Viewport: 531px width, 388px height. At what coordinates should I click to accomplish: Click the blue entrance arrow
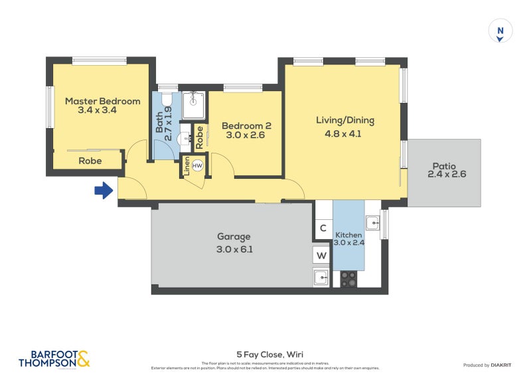click(103, 191)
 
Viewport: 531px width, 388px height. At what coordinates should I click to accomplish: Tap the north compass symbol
click(500, 31)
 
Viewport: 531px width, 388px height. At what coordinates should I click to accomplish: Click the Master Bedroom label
click(102, 102)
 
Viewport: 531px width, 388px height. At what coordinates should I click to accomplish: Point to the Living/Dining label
click(344, 121)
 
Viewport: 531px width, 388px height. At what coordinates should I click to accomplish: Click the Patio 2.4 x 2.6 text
click(444, 171)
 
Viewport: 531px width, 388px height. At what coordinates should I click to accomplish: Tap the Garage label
click(234, 237)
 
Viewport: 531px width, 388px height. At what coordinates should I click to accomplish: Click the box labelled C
click(323, 229)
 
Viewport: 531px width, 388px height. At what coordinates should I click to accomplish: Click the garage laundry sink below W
click(322, 278)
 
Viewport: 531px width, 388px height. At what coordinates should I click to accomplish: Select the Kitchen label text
click(348, 235)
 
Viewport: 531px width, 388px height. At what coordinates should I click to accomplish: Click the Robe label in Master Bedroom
click(90, 161)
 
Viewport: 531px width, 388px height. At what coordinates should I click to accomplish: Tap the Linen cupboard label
click(187, 165)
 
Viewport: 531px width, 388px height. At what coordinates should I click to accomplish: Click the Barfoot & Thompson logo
click(54, 359)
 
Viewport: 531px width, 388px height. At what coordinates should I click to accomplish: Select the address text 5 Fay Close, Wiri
click(265, 354)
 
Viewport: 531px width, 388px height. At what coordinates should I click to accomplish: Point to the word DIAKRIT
click(504, 365)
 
